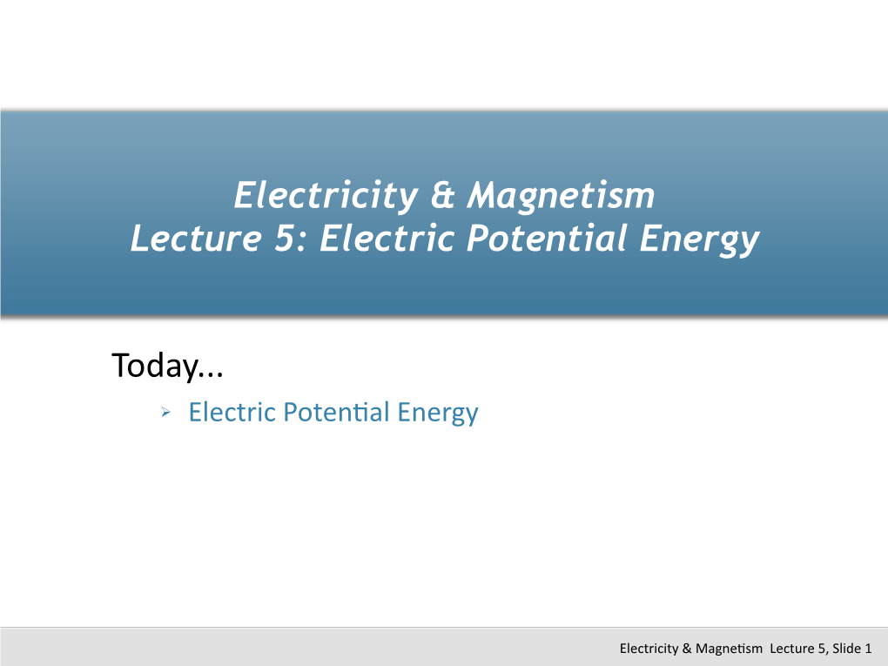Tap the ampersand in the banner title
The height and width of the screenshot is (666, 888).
tap(443, 195)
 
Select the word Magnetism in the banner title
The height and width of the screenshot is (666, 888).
tap(561, 196)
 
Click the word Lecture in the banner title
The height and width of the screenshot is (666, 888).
tap(196, 238)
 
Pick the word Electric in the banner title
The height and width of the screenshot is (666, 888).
tap(387, 238)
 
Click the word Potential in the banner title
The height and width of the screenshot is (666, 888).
tap(547, 238)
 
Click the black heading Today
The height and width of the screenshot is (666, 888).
tap(168, 366)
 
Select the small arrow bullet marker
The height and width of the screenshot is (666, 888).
tap(165, 412)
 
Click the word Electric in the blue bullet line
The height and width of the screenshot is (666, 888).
tap(232, 412)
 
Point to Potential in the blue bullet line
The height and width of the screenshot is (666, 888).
tap(337, 412)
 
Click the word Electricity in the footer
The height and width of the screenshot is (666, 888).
tap(649, 649)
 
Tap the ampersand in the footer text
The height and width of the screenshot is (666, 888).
tap(687, 649)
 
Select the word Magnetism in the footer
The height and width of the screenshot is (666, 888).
tap(729, 649)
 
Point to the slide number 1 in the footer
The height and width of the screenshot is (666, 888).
tap(868, 649)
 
